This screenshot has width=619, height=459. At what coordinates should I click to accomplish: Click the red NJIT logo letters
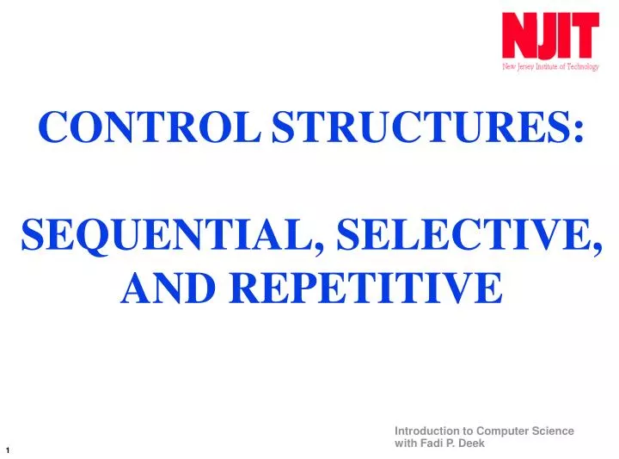click(551, 36)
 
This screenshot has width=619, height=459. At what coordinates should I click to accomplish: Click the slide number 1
click(8, 450)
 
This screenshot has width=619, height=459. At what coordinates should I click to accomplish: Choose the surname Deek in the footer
click(472, 443)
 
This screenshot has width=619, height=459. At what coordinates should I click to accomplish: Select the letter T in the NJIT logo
click(585, 36)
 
